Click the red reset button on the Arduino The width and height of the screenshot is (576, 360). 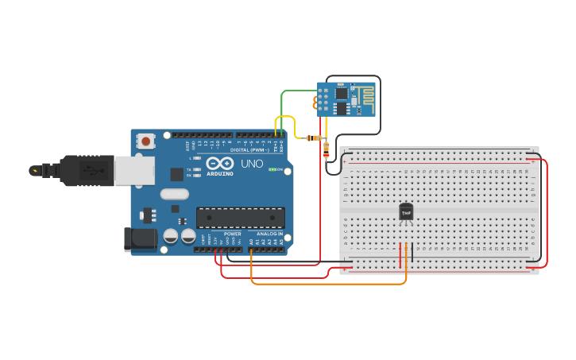pyautogui.click(x=145, y=141)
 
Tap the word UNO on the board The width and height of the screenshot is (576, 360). pyautogui.click(x=251, y=163)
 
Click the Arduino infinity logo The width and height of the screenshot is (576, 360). pyautogui.click(x=218, y=163)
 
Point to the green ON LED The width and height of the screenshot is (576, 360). pyautogui.click(x=272, y=169)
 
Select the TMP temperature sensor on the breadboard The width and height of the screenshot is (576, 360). pyautogui.click(x=406, y=212)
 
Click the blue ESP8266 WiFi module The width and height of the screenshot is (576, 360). pyautogui.click(x=346, y=99)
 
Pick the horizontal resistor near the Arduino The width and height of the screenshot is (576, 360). pyautogui.click(x=313, y=137)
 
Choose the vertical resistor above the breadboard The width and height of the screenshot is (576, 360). pyautogui.click(x=326, y=149)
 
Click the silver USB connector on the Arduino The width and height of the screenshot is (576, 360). pyautogui.click(x=136, y=170)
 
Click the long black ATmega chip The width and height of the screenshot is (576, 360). pyautogui.click(x=240, y=217)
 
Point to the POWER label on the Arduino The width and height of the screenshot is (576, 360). pyautogui.click(x=232, y=234)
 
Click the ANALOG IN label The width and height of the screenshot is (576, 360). pyautogui.click(x=269, y=234)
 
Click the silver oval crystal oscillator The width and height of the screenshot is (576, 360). pyautogui.click(x=174, y=193)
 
